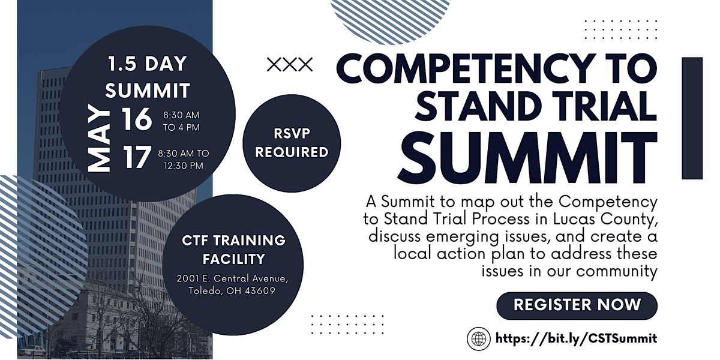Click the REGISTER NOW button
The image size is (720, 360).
(577, 304)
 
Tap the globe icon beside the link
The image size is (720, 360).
(479, 338)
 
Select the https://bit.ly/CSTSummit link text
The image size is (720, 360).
(576, 338)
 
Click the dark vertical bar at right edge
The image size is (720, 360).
(692, 118)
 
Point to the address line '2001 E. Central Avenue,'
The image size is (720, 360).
(229, 279)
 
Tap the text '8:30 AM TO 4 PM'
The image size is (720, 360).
(181, 120)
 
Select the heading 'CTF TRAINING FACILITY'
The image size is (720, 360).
(233, 250)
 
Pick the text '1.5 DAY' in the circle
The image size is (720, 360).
(147, 63)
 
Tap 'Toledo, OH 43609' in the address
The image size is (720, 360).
(228, 291)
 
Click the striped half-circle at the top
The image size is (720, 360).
(390, 12)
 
